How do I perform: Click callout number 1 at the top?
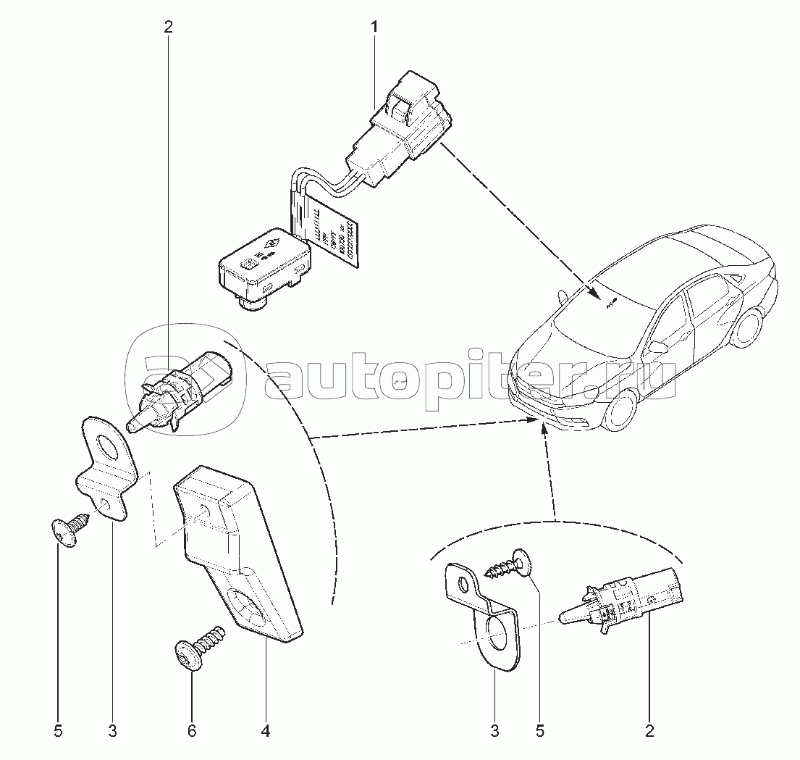click(374, 28)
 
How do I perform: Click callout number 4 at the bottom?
click(265, 732)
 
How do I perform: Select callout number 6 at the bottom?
click(192, 732)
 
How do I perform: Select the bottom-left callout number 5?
click(58, 732)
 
